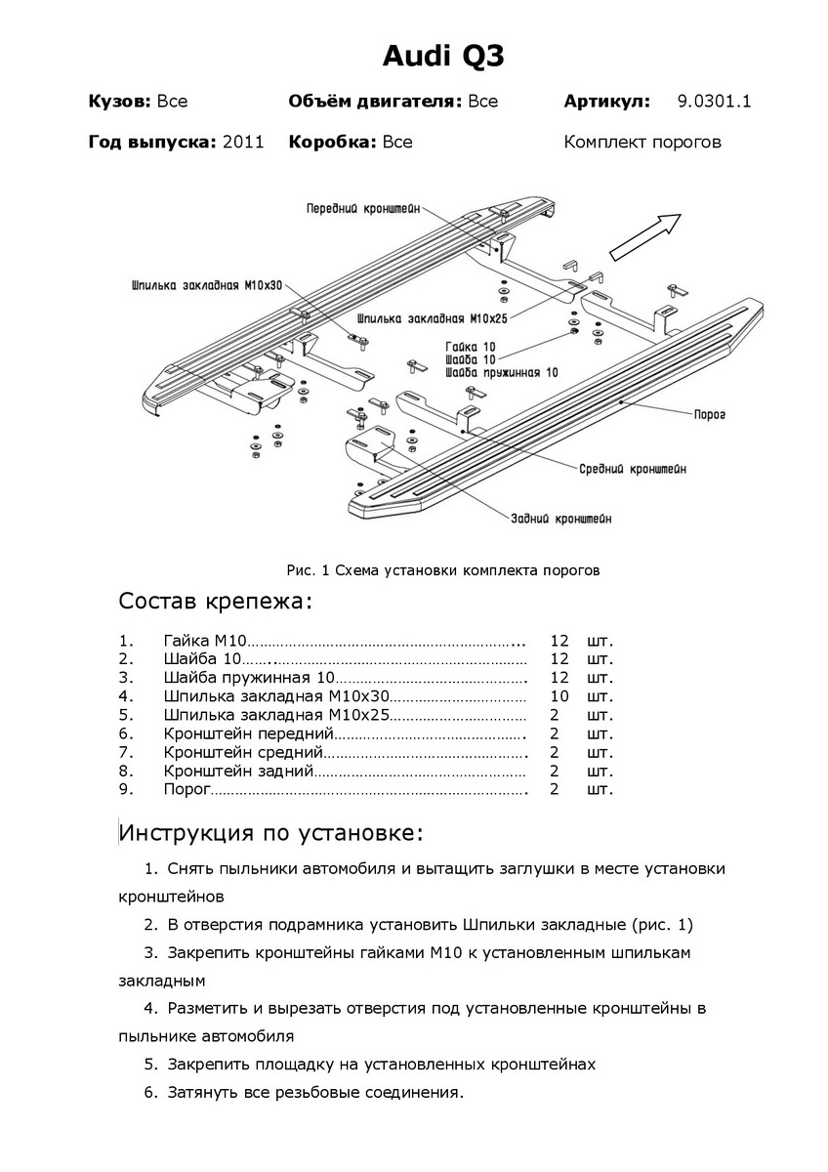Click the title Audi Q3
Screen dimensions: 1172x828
click(443, 57)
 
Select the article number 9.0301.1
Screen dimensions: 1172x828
click(714, 102)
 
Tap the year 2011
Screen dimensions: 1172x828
click(243, 143)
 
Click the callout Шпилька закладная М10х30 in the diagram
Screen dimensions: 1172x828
click(206, 286)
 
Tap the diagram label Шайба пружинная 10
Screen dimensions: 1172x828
click(501, 372)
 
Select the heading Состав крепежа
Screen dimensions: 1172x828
click(215, 601)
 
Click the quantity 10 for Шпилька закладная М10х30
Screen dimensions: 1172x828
click(559, 696)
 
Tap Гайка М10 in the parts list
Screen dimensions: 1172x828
click(205, 641)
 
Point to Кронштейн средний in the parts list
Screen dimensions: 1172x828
click(243, 752)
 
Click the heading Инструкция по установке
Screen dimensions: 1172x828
click(271, 833)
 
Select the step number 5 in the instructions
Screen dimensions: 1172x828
click(150, 1064)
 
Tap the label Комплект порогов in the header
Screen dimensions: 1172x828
click(642, 143)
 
